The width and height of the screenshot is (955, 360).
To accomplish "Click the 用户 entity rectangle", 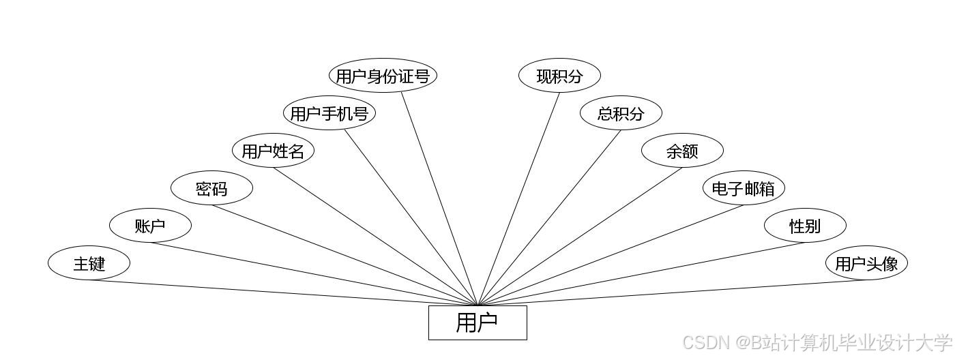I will pos(477,322).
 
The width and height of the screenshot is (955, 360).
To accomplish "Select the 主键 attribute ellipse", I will pos(89,263).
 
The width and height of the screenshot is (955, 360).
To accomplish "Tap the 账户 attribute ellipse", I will pos(150,226).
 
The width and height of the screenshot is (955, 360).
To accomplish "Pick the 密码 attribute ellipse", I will pos(211,188).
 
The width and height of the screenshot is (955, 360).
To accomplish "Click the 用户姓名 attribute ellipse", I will pos(273,151).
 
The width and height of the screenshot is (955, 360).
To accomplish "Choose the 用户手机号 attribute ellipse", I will pos(329,113).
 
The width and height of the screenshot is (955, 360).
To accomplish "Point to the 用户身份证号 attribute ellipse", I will pos(382,76).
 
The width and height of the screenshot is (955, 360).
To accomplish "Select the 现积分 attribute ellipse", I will pos(559,76).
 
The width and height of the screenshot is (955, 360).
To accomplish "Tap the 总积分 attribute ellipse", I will pos(621,113).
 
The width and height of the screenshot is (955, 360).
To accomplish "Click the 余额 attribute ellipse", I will pos(682,151).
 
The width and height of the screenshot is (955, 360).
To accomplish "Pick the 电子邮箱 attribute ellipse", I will pos(744,188).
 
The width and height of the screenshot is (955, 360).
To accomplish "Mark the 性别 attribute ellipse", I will pos(805,226).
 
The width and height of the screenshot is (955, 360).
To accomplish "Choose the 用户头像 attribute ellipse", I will pos(866,263).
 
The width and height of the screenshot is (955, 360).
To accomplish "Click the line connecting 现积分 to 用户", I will pos(518,199).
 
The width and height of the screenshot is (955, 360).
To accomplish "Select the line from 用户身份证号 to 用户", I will pos(439,199).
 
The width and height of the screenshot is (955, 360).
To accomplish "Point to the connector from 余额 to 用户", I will pos(580,237).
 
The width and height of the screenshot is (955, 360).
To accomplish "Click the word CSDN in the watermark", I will pos(703,342).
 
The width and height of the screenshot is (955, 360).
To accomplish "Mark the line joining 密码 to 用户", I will pos(344,255).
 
